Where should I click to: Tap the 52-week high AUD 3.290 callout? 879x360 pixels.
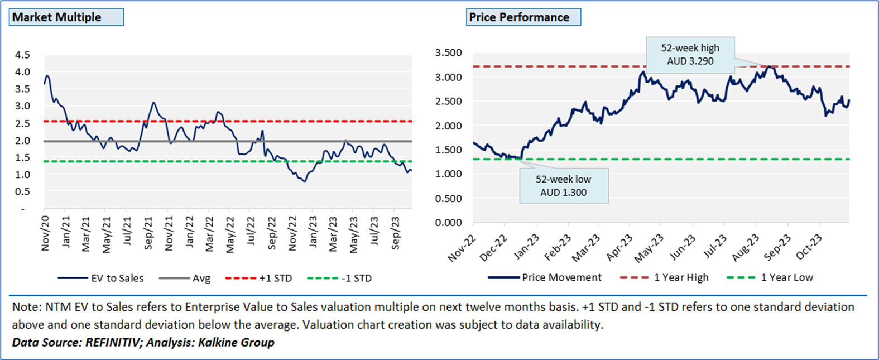(x=690, y=55)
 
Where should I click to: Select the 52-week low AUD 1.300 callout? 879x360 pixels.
(x=563, y=186)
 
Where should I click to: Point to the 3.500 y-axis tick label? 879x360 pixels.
(x=448, y=53)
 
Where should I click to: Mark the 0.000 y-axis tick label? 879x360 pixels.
(x=448, y=223)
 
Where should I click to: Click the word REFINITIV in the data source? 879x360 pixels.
(x=115, y=342)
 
